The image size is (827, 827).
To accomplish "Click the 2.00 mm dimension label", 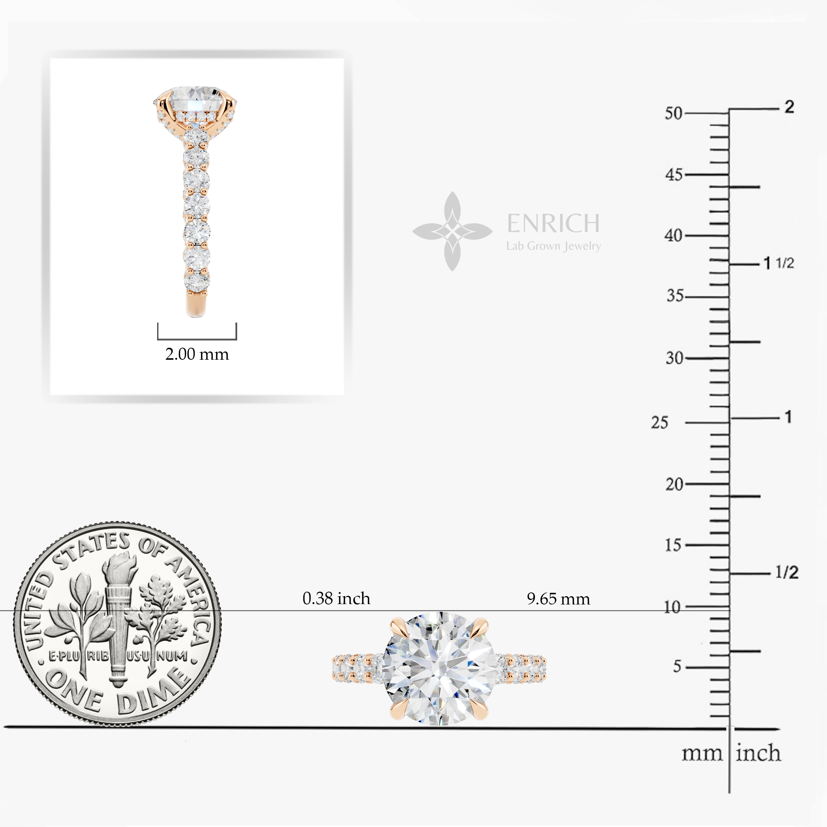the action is tap(197, 354).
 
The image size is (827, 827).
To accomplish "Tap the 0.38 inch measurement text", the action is tap(336, 598).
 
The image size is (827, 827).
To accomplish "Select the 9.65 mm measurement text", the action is tap(558, 599).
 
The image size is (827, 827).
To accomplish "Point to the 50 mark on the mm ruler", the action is tap(673, 114).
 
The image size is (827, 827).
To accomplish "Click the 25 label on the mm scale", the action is tap(660, 423).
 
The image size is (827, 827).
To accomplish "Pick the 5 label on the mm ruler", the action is tap(677, 666).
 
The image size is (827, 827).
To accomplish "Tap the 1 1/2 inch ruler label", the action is tap(779, 263).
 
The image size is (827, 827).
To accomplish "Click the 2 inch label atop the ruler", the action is tap(789, 107).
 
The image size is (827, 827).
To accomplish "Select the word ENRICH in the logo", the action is tap(553, 223).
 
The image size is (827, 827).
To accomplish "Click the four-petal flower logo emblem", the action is tap(453, 232).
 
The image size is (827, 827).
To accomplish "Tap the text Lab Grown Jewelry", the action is tap(553, 246).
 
